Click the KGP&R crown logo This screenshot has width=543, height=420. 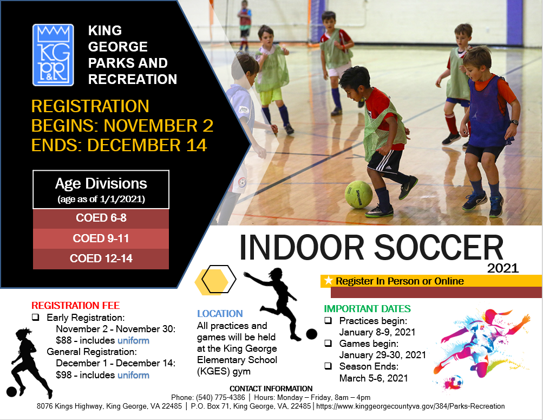53,55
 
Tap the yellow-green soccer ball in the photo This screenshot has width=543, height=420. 358,194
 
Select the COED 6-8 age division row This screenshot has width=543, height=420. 101,218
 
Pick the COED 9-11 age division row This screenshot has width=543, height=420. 101,238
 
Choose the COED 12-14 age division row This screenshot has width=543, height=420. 101,259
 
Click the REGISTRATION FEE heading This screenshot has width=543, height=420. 75,306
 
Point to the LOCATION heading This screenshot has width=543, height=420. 220,314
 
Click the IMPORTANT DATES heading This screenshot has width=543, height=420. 368,309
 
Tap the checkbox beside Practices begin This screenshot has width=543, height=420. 328,320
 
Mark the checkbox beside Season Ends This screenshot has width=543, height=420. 328,366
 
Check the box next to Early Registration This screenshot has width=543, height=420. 35,317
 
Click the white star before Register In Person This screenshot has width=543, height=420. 328,281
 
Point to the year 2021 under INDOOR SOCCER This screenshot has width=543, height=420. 502,268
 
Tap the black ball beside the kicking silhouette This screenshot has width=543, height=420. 311,334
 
